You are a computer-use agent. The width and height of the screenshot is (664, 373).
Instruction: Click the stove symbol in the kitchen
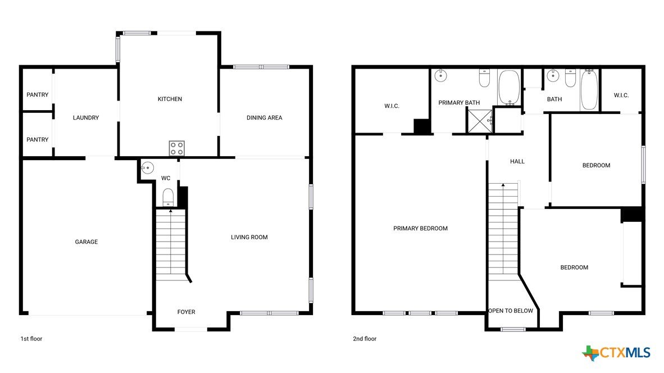tap(176, 148)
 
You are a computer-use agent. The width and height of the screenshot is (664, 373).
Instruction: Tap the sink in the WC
tap(147, 167)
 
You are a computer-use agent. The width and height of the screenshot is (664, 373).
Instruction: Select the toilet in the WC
tap(168, 197)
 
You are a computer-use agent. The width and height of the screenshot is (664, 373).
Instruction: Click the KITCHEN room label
tap(170, 99)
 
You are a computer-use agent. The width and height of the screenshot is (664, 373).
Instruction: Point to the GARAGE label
tap(87, 242)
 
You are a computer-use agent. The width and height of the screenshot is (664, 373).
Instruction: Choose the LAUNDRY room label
tap(86, 118)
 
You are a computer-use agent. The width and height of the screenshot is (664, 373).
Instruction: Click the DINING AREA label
tap(264, 118)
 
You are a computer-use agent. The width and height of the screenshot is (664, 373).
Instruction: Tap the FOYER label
tap(187, 312)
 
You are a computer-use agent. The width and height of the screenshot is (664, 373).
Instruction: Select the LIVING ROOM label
tap(249, 237)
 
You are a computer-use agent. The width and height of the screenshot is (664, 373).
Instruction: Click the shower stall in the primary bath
tap(480, 121)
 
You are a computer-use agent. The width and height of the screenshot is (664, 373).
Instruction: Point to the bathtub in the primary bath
tap(509, 88)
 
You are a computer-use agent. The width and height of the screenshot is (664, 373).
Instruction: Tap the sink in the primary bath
tap(441, 75)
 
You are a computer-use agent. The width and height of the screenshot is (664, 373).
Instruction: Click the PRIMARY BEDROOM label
tap(421, 229)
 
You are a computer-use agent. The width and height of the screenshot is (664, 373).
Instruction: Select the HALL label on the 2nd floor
tap(517, 161)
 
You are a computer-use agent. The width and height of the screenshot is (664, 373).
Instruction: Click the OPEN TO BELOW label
tap(511, 311)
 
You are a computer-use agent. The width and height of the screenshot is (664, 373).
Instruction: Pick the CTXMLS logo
tap(616, 353)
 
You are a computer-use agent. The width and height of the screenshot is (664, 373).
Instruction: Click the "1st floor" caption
tap(31, 339)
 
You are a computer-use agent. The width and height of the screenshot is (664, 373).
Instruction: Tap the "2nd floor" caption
tap(365, 339)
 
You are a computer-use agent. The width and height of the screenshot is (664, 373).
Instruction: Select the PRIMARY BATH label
tap(459, 102)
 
